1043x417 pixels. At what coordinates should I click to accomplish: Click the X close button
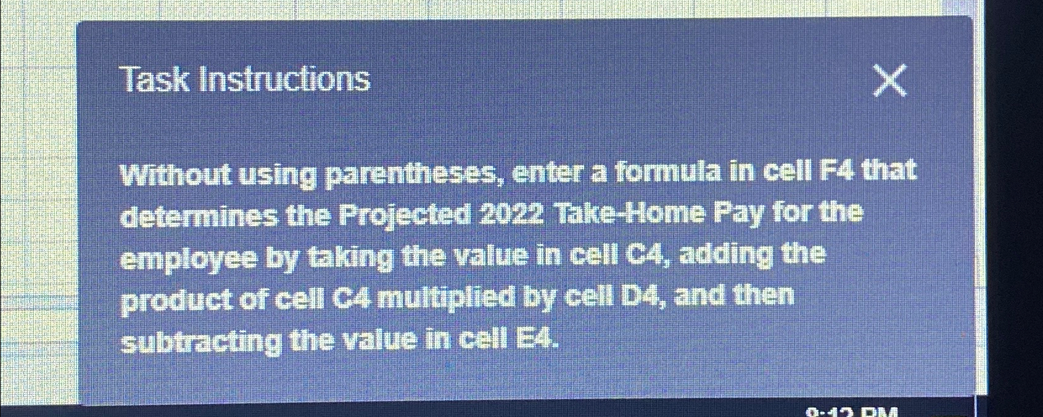click(x=890, y=81)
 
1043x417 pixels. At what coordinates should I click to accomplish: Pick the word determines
click(x=199, y=216)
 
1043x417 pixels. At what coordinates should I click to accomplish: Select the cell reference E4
click(x=536, y=338)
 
